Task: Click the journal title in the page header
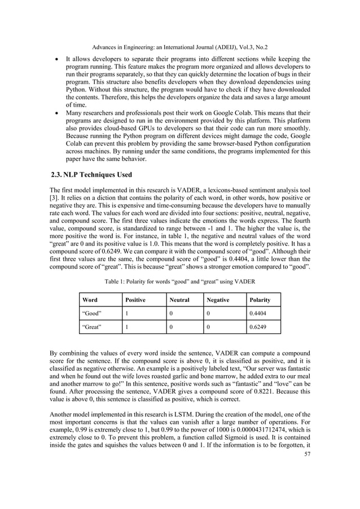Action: pyautogui.click(x=180, y=48)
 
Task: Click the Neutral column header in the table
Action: pyautogui.click(x=179, y=300)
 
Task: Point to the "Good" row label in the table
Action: pyautogui.click(x=91, y=314)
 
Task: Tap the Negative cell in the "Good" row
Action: pyautogui.click(x=208, y=314)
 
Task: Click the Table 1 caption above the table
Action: pyautogui.click(x=180, y=281)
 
